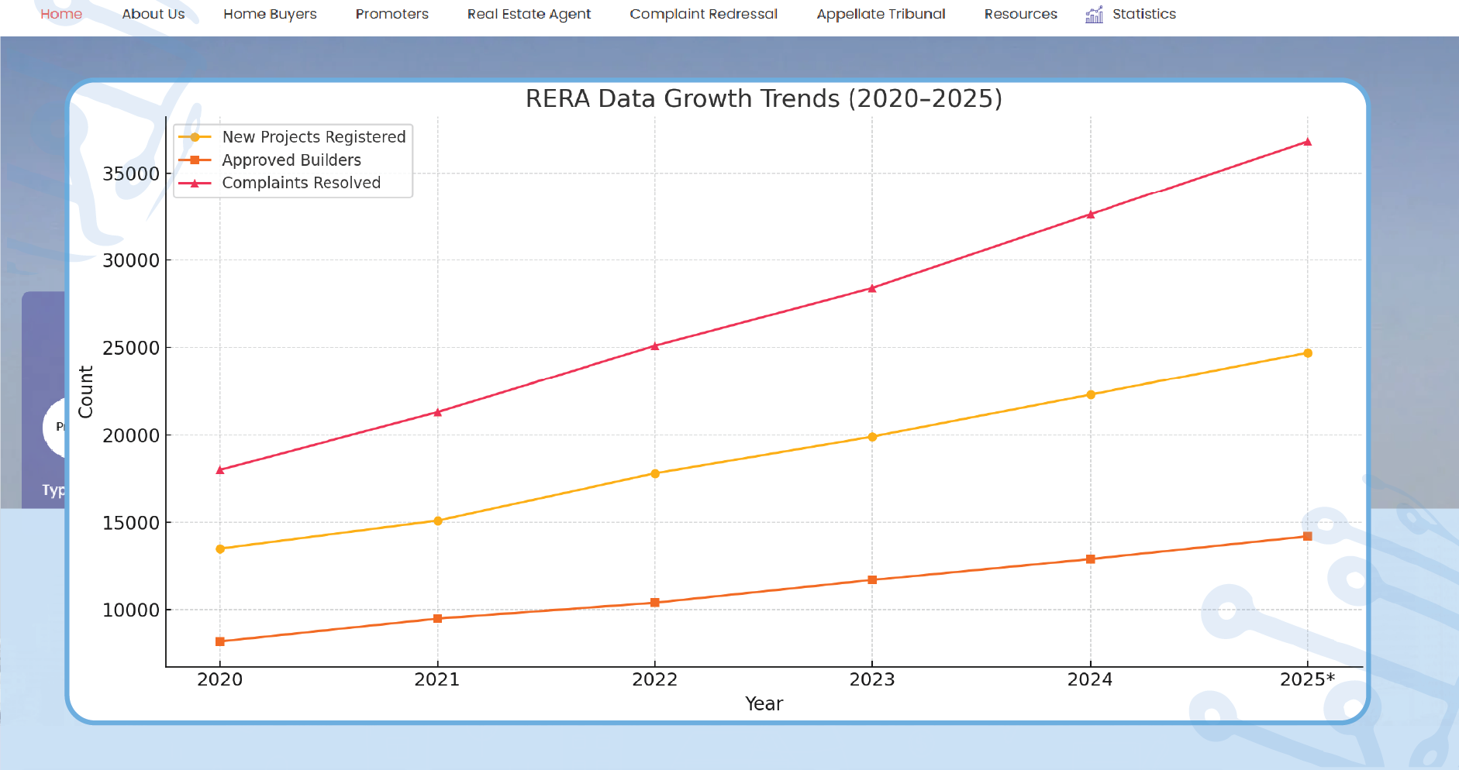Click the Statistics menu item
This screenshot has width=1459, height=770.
click(1143, 14)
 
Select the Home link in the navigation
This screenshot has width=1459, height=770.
click(61, 14)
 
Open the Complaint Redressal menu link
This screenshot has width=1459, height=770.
click(703, 14)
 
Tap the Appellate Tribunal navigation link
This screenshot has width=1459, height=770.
click(881, 14)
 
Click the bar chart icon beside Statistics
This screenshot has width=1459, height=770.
click(1094, 14)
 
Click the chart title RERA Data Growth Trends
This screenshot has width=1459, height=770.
click(764, 98)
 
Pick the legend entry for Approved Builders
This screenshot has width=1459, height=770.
click(291, 160)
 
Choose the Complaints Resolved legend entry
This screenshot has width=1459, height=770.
click(301, 183)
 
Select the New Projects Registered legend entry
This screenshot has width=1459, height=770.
click(313, 137)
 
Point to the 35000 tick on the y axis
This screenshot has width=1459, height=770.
click(131, 174)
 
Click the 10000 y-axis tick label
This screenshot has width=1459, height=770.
click(131, 610)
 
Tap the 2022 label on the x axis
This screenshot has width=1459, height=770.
click(654, 679)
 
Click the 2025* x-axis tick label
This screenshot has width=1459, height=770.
click(1307, 679)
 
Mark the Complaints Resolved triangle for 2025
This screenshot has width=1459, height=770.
click(1307, 142)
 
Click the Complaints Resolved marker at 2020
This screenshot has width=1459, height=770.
click(220, 469)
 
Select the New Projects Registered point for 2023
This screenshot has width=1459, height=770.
click(872, 437)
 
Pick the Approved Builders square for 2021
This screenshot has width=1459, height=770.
click(437, 618)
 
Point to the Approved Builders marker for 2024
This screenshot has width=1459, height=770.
click(1090, 559)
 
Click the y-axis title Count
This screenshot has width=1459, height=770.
click(85, 392)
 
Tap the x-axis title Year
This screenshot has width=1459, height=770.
click(764, 703)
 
